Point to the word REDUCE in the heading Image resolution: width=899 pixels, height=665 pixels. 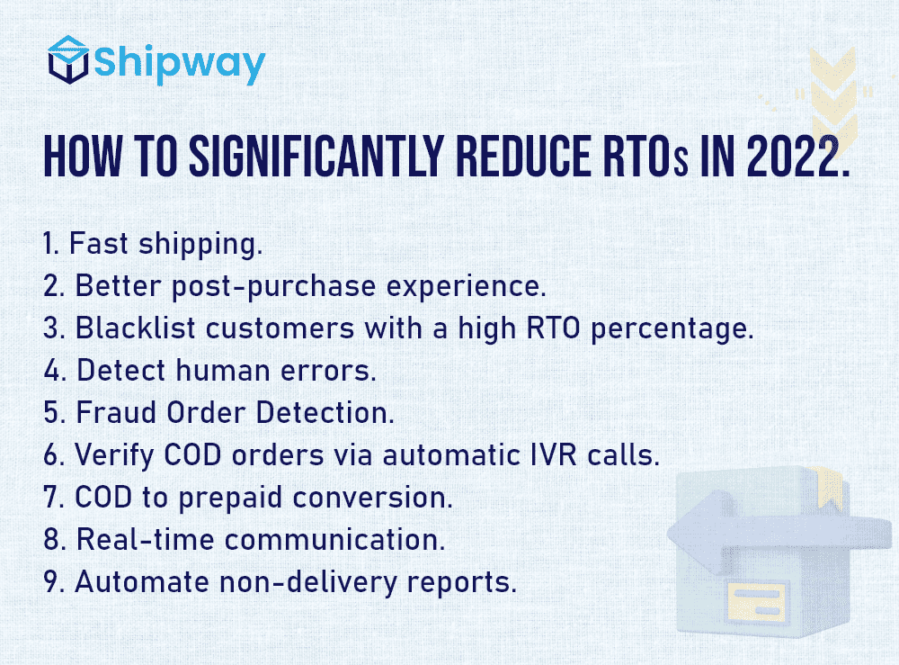pyautogui.click(x=523, y=156)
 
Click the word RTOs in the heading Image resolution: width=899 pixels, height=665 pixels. pyautogui.click(x=645, y=156)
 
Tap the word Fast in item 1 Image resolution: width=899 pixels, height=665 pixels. pyautogui.click(x=99, y=243)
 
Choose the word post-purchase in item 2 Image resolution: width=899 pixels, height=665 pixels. pyautogui.click(x=273, y=287)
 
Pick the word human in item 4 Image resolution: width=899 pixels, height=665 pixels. pyautogui.click(x=222, y=371)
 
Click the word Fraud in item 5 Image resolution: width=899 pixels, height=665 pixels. pyautogui.click(x=116, y=412)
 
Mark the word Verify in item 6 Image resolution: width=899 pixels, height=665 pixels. pyautogui.click(x=114, y=456)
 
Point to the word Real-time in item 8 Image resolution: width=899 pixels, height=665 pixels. pyautogui.click(x=145, y=539)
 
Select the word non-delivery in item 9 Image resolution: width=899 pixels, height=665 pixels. pyautogui.click(x=307, y=583)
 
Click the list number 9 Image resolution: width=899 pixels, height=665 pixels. pyautogui.click(x=51, y=582)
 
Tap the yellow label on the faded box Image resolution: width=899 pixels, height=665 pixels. pyautogui.click(x=757, y=601)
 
